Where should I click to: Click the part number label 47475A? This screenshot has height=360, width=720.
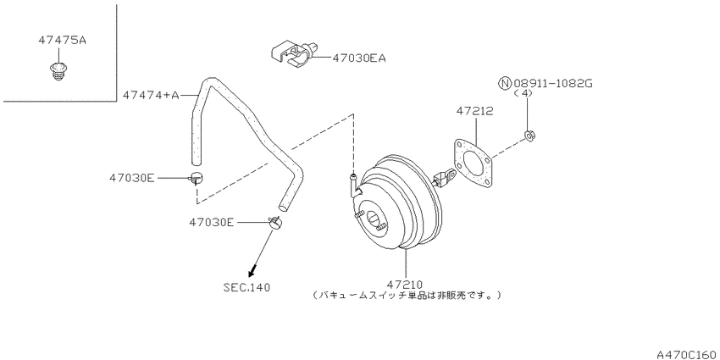(62, 41)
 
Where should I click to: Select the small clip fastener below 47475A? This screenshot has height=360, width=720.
(57, 72)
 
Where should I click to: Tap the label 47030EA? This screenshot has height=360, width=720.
(358, 58)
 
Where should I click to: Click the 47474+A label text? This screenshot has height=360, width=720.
(151, 95)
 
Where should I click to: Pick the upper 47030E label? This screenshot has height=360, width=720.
(132, 178)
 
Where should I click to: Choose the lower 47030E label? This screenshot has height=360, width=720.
(212, 222)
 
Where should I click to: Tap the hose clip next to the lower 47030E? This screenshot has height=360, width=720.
(275, 222)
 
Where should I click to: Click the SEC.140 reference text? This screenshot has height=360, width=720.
(246, 287)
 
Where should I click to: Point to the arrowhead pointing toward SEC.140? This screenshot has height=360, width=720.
(252, 273)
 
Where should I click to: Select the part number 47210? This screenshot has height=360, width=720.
(404, 285)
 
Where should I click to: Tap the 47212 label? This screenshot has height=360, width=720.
(475, 111)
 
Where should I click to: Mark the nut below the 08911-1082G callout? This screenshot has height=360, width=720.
(529, 135)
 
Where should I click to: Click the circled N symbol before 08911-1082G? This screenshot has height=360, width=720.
(505, 84)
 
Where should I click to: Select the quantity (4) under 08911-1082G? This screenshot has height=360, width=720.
(523, 93)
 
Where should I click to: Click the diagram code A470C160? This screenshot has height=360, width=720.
(688, 354)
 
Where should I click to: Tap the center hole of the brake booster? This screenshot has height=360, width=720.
(374, 218)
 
